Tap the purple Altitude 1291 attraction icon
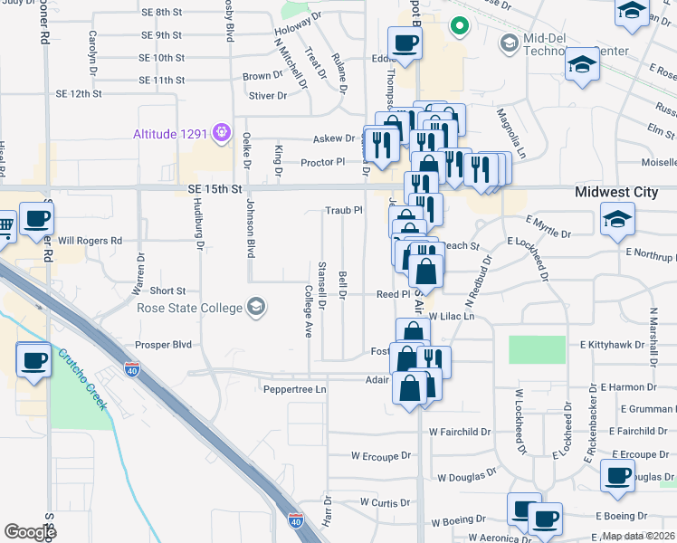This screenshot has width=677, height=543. tap(220, 134)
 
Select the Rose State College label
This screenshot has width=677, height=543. tap(189, 308)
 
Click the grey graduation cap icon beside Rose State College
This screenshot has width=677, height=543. tap(256, 308)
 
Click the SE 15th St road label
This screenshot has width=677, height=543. tap(216, 189)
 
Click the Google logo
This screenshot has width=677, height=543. tap(30, 532)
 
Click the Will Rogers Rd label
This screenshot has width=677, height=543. tap(90, 242)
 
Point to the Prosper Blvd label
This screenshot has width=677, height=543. tap(164, 345)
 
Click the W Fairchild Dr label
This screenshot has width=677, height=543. tap(459, 432)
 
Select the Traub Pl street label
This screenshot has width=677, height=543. tap(344, 210)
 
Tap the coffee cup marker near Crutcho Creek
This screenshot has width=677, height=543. tap(34, 361)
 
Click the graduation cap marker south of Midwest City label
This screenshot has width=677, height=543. tap(618, 220)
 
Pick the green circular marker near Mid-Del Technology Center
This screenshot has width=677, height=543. tap(459, 27)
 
